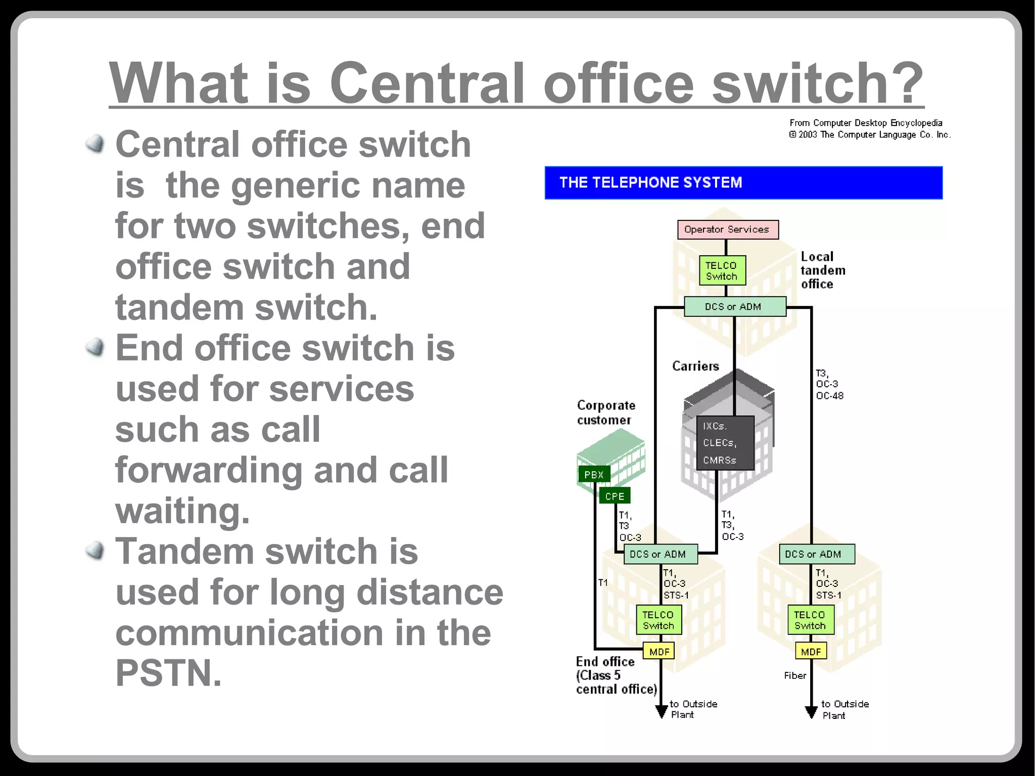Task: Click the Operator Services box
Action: point(727,230)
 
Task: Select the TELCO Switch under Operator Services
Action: point(722,270)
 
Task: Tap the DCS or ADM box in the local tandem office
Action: point(734,306)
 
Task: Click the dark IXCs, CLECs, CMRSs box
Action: point(725,443)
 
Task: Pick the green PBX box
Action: point(594,475)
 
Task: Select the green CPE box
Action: point(615,496)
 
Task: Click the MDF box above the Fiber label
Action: point(811,652)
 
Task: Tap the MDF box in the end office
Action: point(659,652)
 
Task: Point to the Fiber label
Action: point(795,675)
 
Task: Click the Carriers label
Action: point(695,366)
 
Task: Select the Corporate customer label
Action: point(606,413)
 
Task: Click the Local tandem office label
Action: point(823,270)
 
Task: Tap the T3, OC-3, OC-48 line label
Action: point(829,385)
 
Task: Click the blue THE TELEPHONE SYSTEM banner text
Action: point(650,182)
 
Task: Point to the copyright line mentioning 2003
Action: point(869,135)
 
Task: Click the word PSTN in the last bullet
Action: point(168,673)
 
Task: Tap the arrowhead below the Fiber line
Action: point(811,712)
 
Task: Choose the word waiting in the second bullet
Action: point(182,511)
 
